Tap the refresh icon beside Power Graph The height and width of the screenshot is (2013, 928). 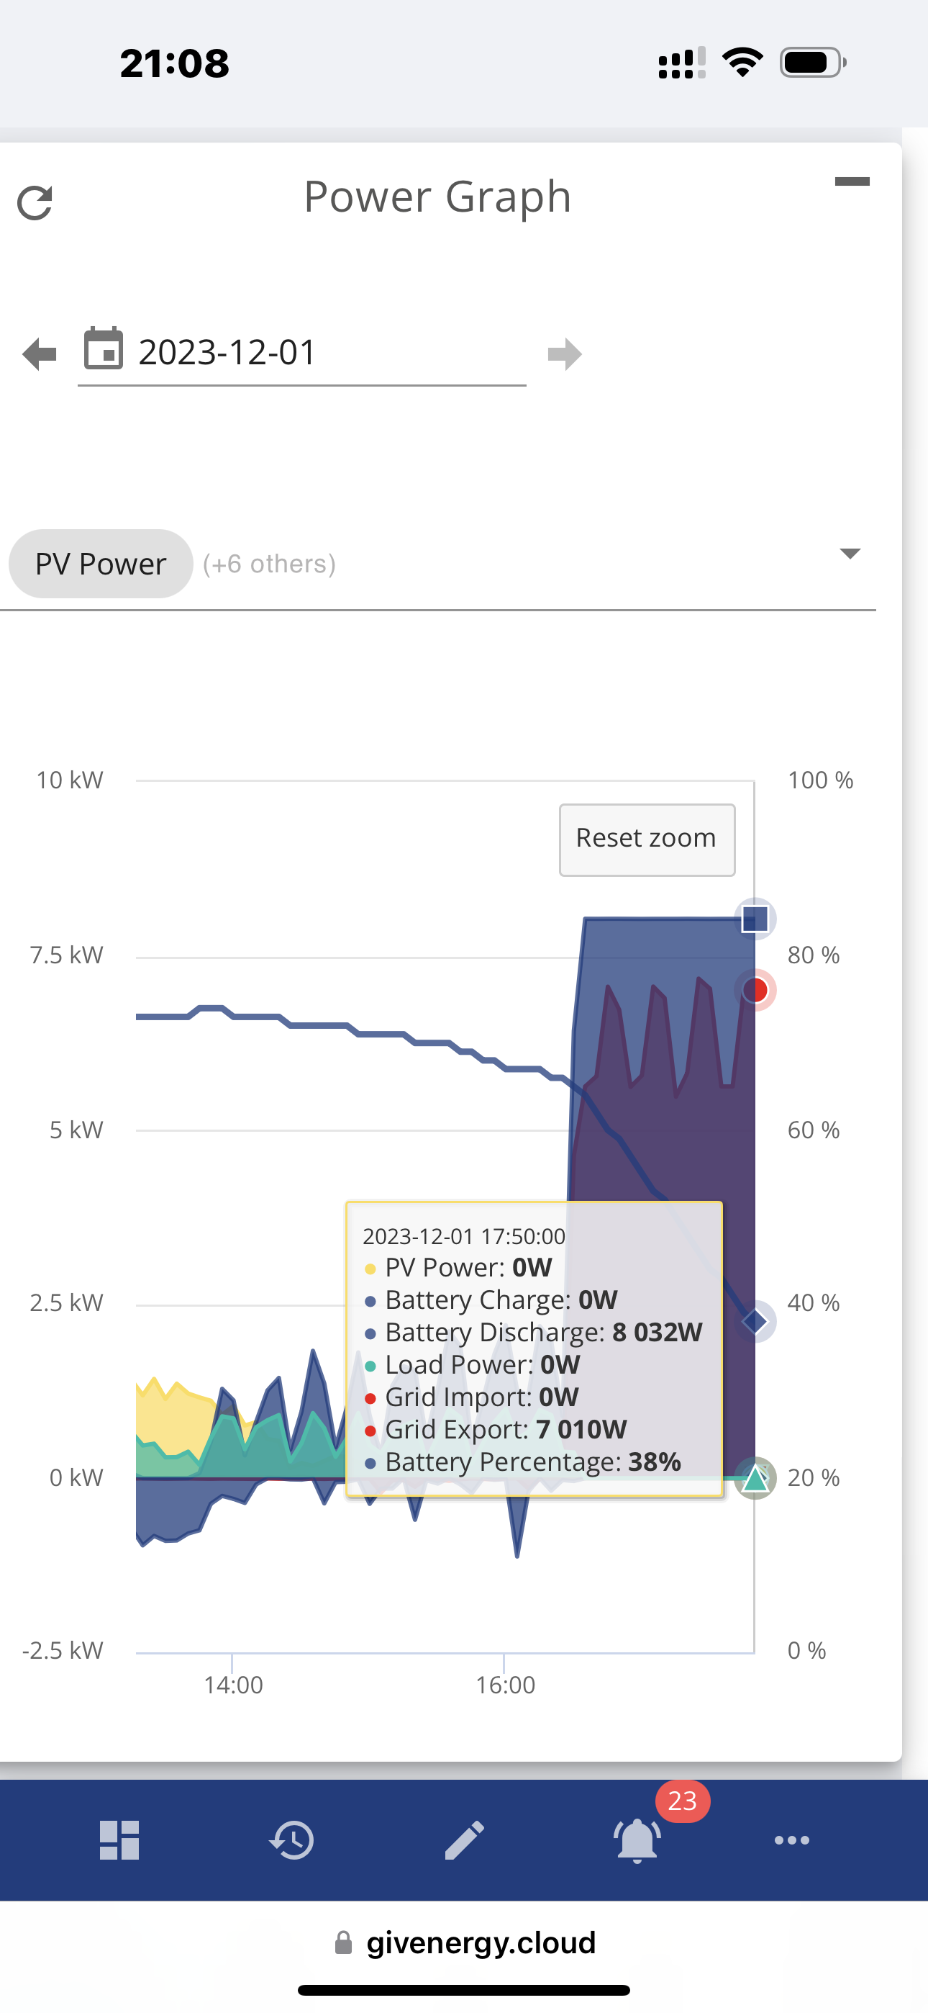pyautogui.click(x=35, y=203)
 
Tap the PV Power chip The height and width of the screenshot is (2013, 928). pyautogui.click(x=101, y=564)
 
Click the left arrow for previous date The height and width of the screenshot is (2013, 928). pyautogui.click(x=40, y=354)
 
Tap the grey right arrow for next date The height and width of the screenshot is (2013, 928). pyautogui.click(x=565, y=354)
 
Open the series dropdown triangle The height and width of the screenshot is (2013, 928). pyautogui.click(x=850, y=553)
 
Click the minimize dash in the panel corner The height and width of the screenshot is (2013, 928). pyautogui.click(x=852, y=181)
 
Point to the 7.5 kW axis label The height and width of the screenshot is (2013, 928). pyautogui.click(x=66, y=955)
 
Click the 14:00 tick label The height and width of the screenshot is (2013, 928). pyautogui.click(x=233, y=1685)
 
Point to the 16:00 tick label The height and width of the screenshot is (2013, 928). pyautogui.click(x=506, y=1685)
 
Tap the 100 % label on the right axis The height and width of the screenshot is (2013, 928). pyautogui.click(x=820, y=780)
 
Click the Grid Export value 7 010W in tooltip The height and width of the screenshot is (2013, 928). pyautogui.click(x=581, y=1429)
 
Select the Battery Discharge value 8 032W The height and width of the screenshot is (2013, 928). pyautogui.click(x=658, y=1332)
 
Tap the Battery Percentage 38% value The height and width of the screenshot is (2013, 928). pyautogui.click(x=655, y=1462)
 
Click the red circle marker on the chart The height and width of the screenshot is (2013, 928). pyautogui.click(x=755, y=990)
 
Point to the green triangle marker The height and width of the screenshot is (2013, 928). pyautogui.click(x=755, y=1479)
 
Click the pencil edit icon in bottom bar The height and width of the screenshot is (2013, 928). pyautogui.click(x=464, y=1839)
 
